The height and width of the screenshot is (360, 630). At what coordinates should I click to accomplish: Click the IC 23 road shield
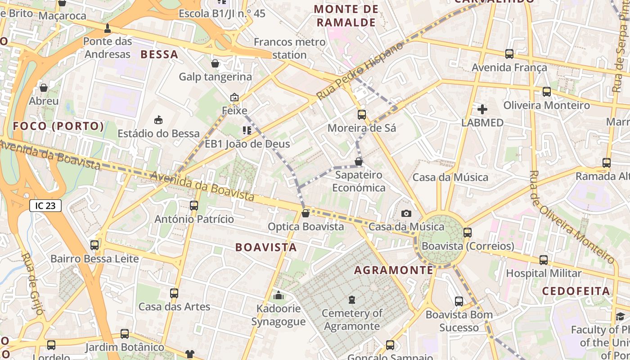click(45, 206)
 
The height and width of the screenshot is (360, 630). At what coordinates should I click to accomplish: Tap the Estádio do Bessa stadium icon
click(158, 120)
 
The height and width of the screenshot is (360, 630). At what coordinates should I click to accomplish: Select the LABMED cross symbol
click(482, 109)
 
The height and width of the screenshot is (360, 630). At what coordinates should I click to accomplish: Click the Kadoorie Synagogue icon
click(279, 296)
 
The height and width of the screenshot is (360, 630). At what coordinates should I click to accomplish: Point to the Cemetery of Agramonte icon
click(352, 299)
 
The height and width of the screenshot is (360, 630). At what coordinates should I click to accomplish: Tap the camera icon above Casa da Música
click(406, 214)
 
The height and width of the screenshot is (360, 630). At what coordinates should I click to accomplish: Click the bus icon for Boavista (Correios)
click(468, 233)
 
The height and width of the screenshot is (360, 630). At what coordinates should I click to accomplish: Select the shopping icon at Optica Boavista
click(306, 213)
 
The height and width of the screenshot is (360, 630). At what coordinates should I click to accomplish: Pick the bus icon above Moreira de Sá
click(362, 115)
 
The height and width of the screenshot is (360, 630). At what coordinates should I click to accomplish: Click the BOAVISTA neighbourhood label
click(266, 247)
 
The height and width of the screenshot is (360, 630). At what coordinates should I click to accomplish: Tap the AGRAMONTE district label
click(394, 270)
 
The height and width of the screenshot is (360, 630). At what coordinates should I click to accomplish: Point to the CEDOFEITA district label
click(576, 291)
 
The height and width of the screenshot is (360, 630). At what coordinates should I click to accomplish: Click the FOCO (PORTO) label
click(58, 126)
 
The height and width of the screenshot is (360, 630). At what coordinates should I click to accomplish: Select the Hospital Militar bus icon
click(544, 260)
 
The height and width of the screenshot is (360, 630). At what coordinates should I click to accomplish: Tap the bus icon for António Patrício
click(194, 206)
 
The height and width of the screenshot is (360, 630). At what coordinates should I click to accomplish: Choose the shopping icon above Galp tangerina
click(215, 63)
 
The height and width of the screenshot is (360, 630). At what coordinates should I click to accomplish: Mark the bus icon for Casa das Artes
click(174, 293)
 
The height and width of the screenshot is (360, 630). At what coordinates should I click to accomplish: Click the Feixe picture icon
click(234, 97)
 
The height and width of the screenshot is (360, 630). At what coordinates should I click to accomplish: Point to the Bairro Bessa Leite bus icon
click(94, 245)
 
